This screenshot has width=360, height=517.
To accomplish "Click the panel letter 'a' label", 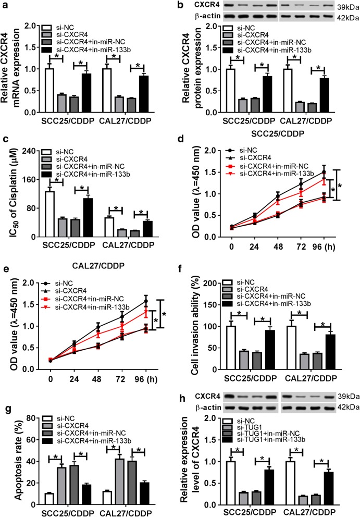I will [6, 6].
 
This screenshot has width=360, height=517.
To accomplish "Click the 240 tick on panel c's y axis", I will [32, 151].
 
